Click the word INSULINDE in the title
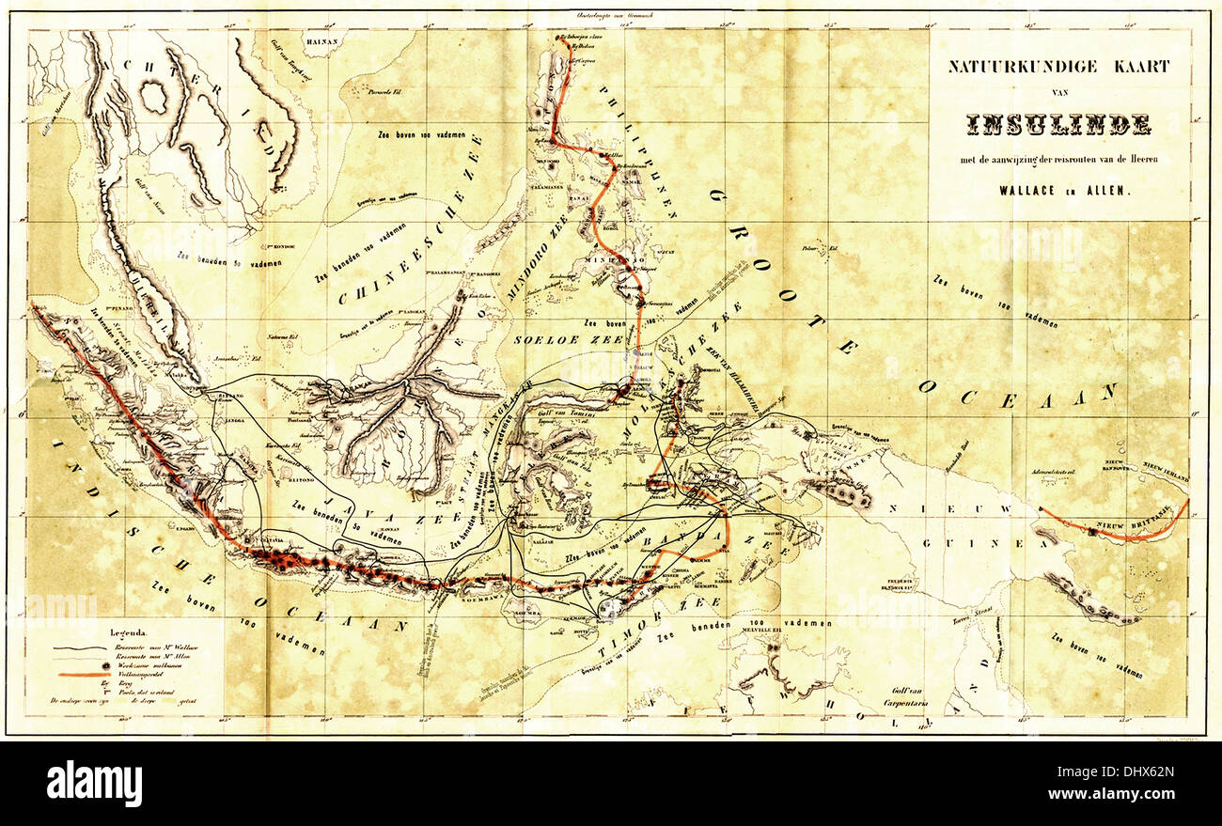(1058, 123)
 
